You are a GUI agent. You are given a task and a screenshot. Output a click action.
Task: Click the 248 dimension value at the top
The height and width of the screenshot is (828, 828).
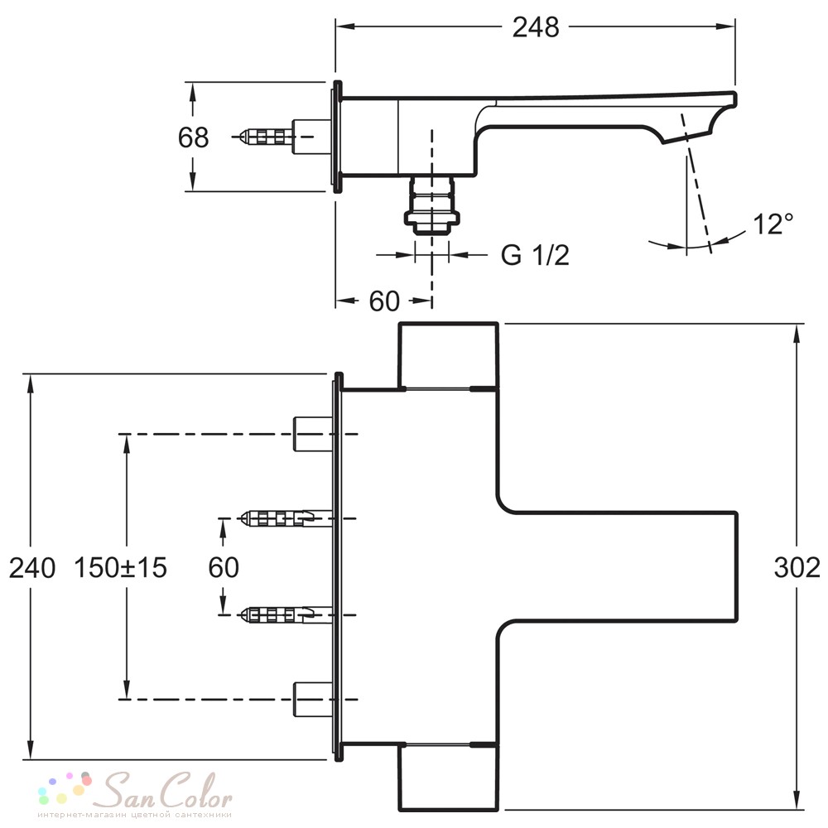(536, 27)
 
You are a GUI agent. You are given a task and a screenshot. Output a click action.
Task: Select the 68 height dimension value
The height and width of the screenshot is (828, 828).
(193, 137)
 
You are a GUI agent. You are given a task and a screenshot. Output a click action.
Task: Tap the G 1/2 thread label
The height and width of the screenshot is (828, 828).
(535, 255)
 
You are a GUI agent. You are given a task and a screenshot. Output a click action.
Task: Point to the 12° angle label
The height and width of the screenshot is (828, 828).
(773, 224)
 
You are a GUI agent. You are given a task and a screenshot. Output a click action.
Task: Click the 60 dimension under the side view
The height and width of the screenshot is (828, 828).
(384, 301)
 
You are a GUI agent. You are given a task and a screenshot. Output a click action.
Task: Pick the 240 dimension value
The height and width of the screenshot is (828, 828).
(32, 568)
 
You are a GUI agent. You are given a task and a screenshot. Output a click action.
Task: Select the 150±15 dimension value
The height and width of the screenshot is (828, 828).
(120, 568)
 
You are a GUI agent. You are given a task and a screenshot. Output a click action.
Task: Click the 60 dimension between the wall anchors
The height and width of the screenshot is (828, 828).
(224, 568)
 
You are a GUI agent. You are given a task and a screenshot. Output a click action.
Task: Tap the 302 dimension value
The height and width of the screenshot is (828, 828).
(797, 568)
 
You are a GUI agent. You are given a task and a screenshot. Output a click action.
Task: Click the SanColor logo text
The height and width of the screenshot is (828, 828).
(167, 791)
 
